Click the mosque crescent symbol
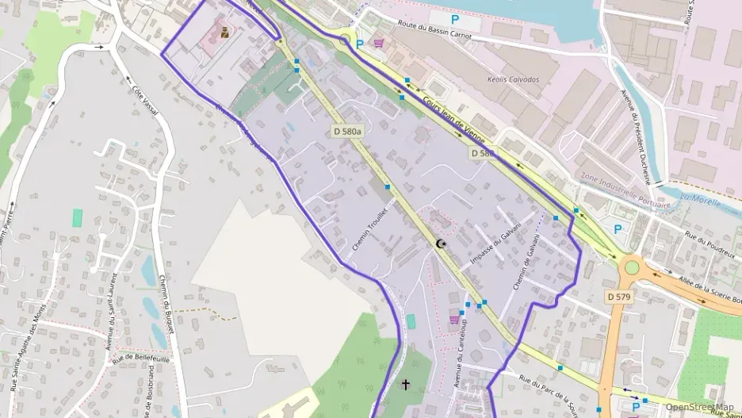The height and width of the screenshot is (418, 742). tap(440, 245)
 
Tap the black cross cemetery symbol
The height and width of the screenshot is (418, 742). tap(406, 385)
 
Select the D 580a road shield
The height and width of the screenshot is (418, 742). tap(346, 131)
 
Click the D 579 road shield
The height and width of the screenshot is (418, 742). tap(618, 297)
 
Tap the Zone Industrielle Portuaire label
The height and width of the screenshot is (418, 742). tap(625, 190)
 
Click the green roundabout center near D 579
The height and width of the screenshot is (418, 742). tap(632, 267)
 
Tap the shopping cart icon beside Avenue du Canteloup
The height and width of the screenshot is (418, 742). tap(454, 320)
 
